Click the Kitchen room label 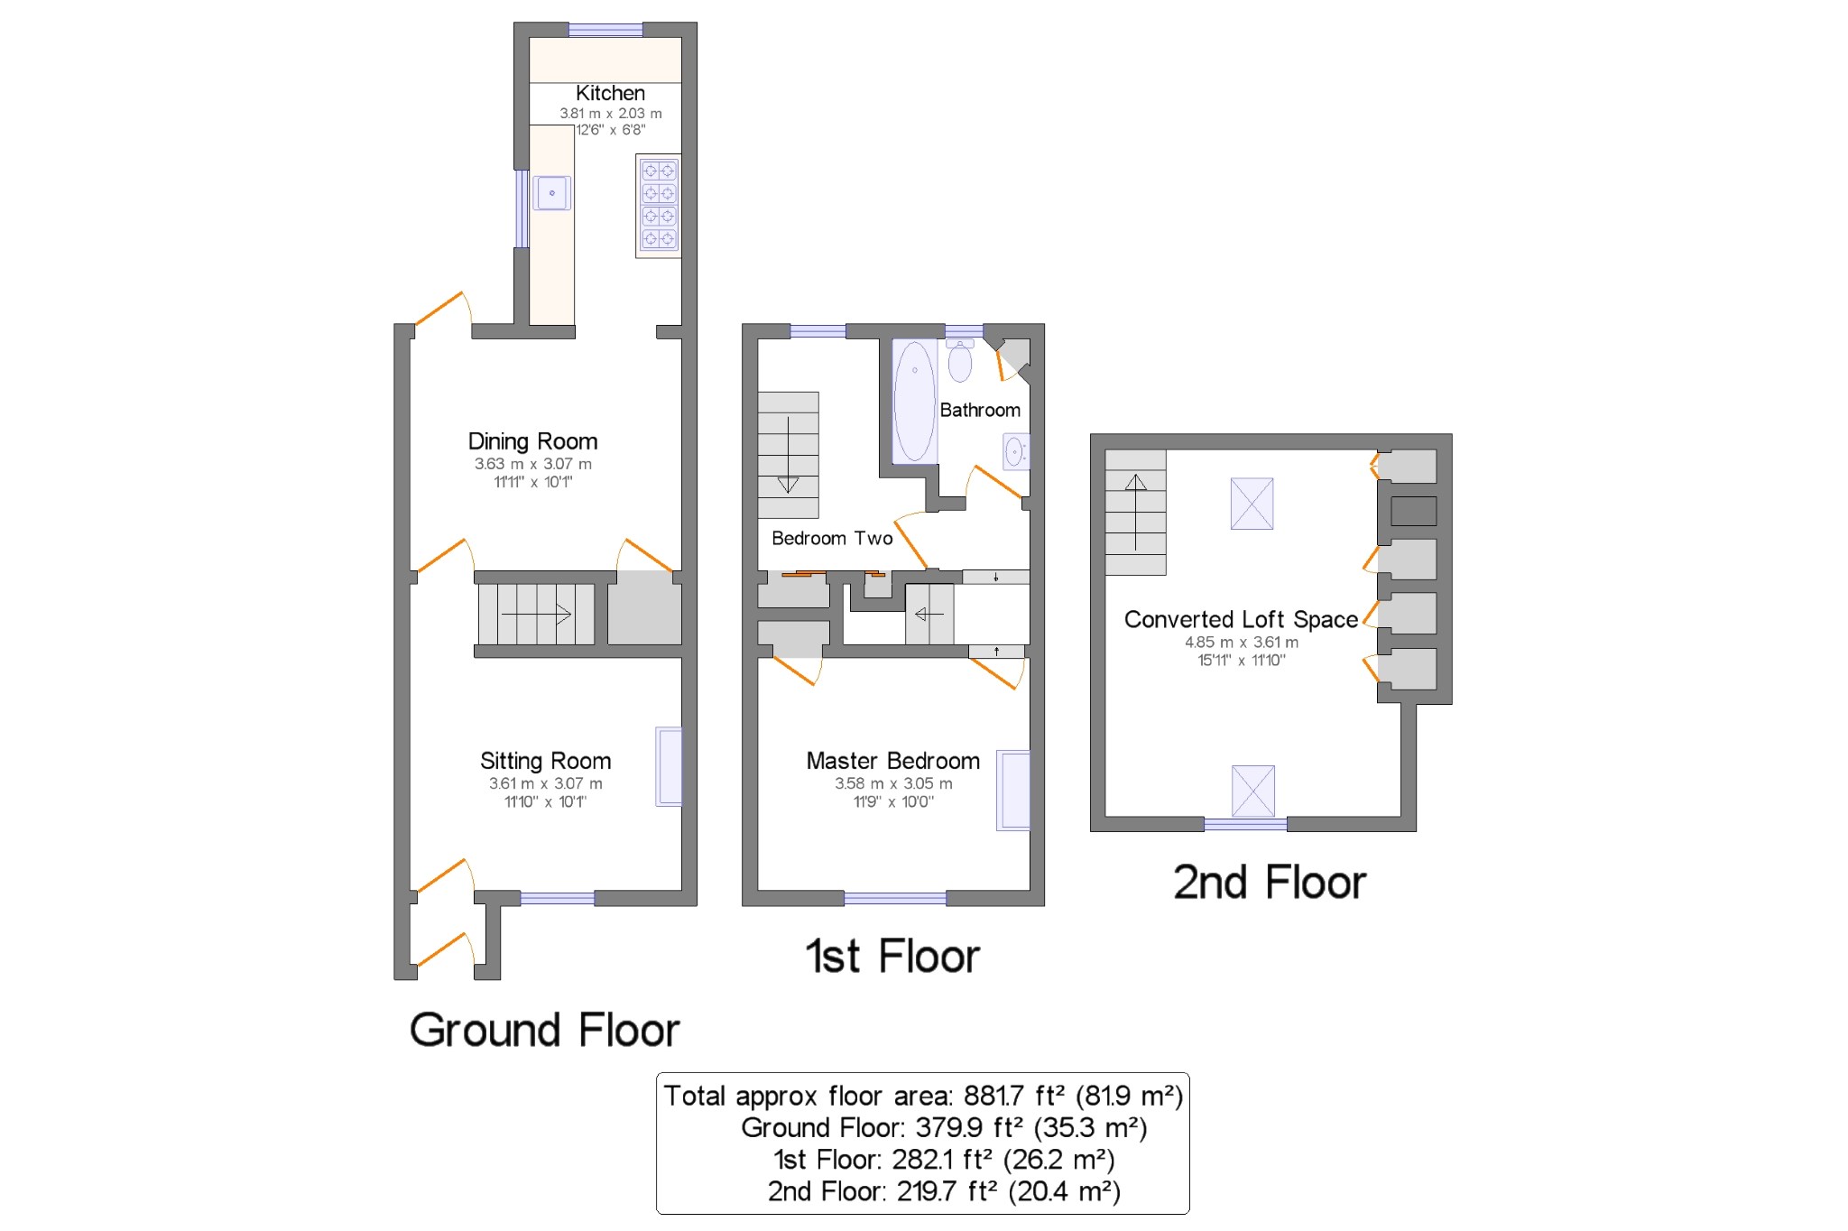[x=610, y=93]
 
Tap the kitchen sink [x=551, y=193]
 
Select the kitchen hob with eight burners [x=658, y=205]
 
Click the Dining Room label [x=532, y=441]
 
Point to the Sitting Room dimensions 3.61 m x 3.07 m [x=545, y=783]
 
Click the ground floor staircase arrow [x=537, y=615]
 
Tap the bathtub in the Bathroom [x=914, y=402]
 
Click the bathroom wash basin [x=1015, y=451]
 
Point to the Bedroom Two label [x=832, y=539]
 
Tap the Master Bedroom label [x=892, y=761]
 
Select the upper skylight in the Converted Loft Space [x=1252, y=504]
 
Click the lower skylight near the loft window [x=1252, y=791]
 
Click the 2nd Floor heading [x=1269, y=882]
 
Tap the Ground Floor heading [x=544, y=1030]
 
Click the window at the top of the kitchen [x=605, y=30]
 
